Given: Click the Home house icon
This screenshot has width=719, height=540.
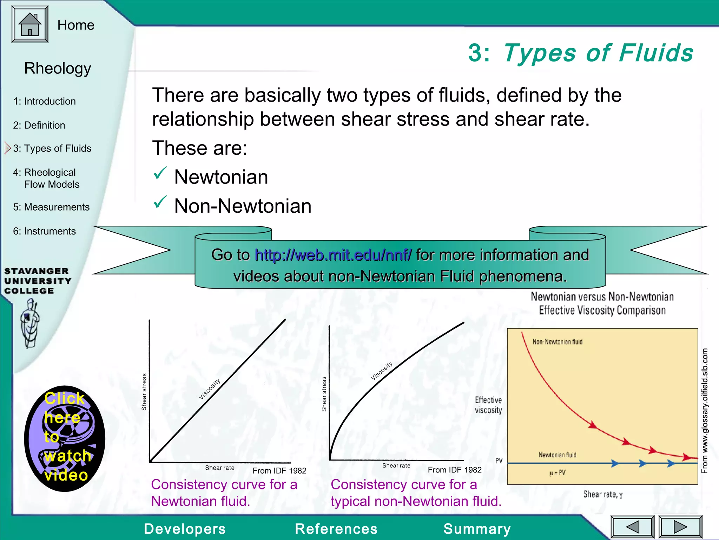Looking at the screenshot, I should pyautogui.click(x=30, y=24).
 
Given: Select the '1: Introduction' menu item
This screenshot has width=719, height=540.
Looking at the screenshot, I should pyautogui.click(x=44, y=101).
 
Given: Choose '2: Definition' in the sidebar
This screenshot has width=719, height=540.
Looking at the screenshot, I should pyautogui.click(x=39, y=125).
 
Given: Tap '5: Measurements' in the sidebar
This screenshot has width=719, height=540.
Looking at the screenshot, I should pyautogui.click(x=51, y=207).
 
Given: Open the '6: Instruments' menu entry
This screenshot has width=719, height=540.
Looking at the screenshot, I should pyautogui.click(x=44, y=231).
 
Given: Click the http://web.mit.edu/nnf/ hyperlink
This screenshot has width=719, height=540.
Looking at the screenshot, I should pyautogui.click(x=333, y=255).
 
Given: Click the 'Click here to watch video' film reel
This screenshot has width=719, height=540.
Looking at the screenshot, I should pyautogui.click(x=65, y=438).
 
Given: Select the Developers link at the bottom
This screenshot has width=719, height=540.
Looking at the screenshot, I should pyautogui.click(x=185, y=529).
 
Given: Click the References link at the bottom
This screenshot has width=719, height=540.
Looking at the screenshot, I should pyautogui.click(x=336, y=529).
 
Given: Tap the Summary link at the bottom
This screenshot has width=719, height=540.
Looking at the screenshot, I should pyautogui.click(x=477, y=529).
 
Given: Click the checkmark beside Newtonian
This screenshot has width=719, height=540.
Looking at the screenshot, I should pyautogui.click(x=160, y=173).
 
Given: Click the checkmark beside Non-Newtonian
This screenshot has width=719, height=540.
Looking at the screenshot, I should pyautogui.click(x=160, y=202).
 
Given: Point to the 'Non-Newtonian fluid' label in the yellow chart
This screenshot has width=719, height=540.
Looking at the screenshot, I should pyautogui.click(x=557, y=342).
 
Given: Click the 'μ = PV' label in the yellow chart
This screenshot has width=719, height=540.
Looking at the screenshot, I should pyautogui.click(x=557, y=473).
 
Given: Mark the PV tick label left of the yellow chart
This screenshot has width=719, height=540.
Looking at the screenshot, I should pyautogui.click(x=499, y=461).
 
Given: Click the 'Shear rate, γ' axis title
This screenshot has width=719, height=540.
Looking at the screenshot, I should pyautogui.click(x=603, y=494).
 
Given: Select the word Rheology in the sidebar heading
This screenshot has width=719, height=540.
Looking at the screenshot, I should pyautogui.click(x=58, y=68).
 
